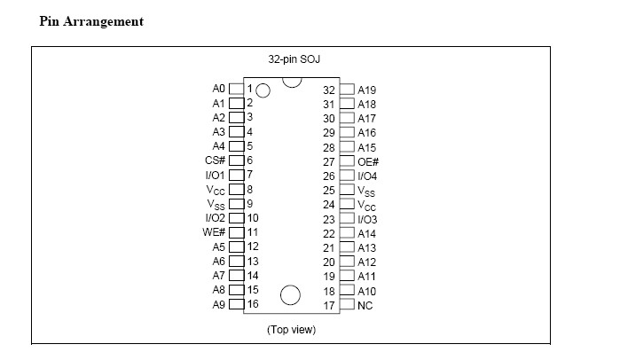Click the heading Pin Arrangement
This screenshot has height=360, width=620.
point(91,21)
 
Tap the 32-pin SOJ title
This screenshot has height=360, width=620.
point(291,59)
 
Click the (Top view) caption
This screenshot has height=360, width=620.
point(291,330)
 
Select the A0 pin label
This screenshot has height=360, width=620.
point(219,90)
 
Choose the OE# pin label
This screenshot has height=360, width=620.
point(368,161)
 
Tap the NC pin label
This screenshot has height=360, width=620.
point(365,305)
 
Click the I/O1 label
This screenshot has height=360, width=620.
point(216,175)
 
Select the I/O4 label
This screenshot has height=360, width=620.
point(368,176)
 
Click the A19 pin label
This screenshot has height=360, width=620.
point(366,90)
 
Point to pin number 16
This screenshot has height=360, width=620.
point(253,304)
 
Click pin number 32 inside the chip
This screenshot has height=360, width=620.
point(328,90)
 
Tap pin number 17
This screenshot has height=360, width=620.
point(328,305)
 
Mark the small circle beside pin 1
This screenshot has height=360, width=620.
point(263,90)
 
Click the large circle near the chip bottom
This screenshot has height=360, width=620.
point(290,295)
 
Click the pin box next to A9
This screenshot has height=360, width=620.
point(236,304)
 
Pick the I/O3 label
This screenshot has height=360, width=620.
point(368,219)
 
